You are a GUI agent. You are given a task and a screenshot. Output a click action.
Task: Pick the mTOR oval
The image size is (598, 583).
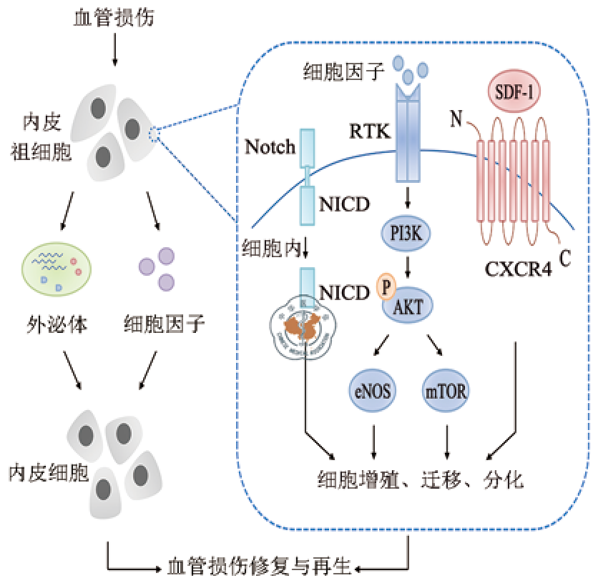click(447, 391)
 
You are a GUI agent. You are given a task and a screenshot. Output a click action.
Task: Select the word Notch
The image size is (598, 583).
click(270, 148)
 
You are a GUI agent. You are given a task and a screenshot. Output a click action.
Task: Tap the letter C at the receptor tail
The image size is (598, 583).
click(564, 256)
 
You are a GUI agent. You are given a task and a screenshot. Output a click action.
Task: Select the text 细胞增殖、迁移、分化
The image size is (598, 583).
click(421, 479)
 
